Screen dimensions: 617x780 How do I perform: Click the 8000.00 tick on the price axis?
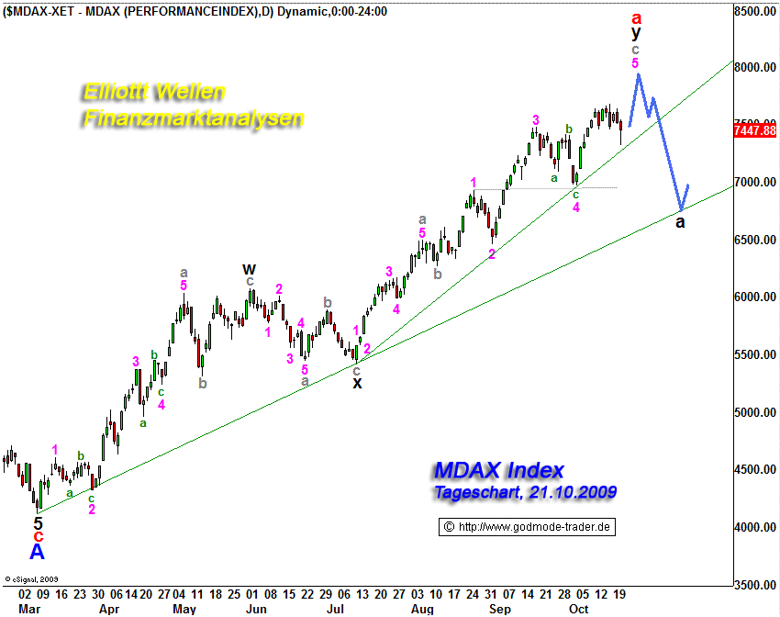[x=756, y=68]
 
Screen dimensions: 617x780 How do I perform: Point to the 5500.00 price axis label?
[x=756, y=354]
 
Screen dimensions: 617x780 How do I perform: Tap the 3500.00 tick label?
[x=756, y=584]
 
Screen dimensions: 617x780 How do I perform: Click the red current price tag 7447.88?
[x=756, y=130]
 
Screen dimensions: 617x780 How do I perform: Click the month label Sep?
[x=500, y=609]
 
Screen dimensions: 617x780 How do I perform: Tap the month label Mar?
[x=29, y=609]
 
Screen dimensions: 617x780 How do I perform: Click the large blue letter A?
[x=37, y=552]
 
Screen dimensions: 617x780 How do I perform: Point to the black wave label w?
[x=249, y=269]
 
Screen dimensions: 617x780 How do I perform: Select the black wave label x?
[x=357, y=383]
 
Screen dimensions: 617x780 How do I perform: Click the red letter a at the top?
[x=635, y=17]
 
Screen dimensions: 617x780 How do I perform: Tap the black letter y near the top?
[x=635, y=33]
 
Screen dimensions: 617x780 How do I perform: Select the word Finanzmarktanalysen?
[x=193, y=119]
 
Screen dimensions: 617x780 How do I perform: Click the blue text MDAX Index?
[x=498, y=471]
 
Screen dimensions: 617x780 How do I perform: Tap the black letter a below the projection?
[x=680, y=222]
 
